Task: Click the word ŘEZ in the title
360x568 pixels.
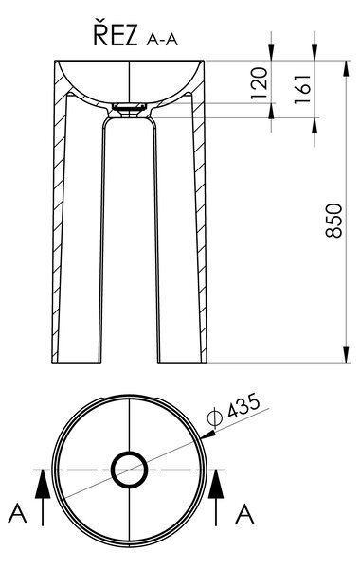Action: (116, 35)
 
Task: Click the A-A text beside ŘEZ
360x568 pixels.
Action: (162, 40)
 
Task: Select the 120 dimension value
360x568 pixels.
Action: (260, 83)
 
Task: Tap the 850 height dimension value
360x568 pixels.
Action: (333, 221)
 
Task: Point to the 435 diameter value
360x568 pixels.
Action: (243, 405)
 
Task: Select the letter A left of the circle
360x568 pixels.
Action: (17, 513)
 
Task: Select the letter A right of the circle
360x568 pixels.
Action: (244, 514)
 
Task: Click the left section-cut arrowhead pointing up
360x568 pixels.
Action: (43, 484)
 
